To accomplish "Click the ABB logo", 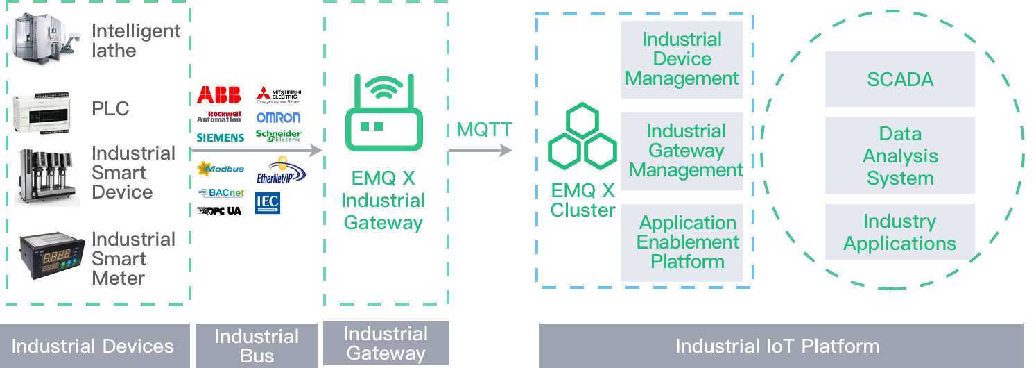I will (x=219, y=94).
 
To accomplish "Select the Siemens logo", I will (x=220, y=137).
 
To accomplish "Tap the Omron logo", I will (x=278, y=117).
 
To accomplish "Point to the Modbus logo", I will (x=221, y=169).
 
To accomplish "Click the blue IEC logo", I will (x=268, y=203).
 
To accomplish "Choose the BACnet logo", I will (x=221, y=192).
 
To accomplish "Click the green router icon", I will (x=383, y=115).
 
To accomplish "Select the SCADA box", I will (x=900, y=79).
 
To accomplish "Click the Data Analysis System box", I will (x=900, y=156).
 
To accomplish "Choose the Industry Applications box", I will (x=900, y=233).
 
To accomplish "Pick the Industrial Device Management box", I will (x=682, y=60).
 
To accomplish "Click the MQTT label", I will (x=485, y=130).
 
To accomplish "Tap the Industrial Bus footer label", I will (x=257, y=346).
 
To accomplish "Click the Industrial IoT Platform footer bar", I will (x=781, y=346).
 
